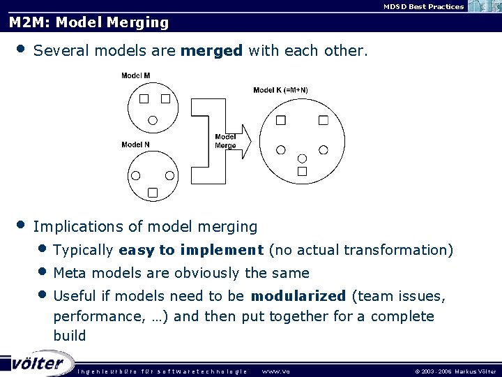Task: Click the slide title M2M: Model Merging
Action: coord(89,22)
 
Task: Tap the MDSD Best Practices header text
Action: coord(423,6)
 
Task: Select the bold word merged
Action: coord(212,51)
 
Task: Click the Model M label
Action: coord(135,75)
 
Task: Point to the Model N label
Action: coord(135,145)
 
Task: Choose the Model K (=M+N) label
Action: coord(280,90)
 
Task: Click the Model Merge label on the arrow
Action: coord(225,141)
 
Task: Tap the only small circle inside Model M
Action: coord(153,120)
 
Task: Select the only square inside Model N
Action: coord(153,192)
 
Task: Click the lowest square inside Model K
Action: coord(302,170)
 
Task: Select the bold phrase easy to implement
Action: coord(191,250)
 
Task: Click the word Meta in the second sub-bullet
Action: coord(68,273)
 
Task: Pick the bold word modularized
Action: coord(298,296)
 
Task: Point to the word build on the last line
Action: coord(70,336)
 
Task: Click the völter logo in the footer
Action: coord(38,364)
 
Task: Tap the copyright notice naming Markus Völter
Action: coord(455,371)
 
